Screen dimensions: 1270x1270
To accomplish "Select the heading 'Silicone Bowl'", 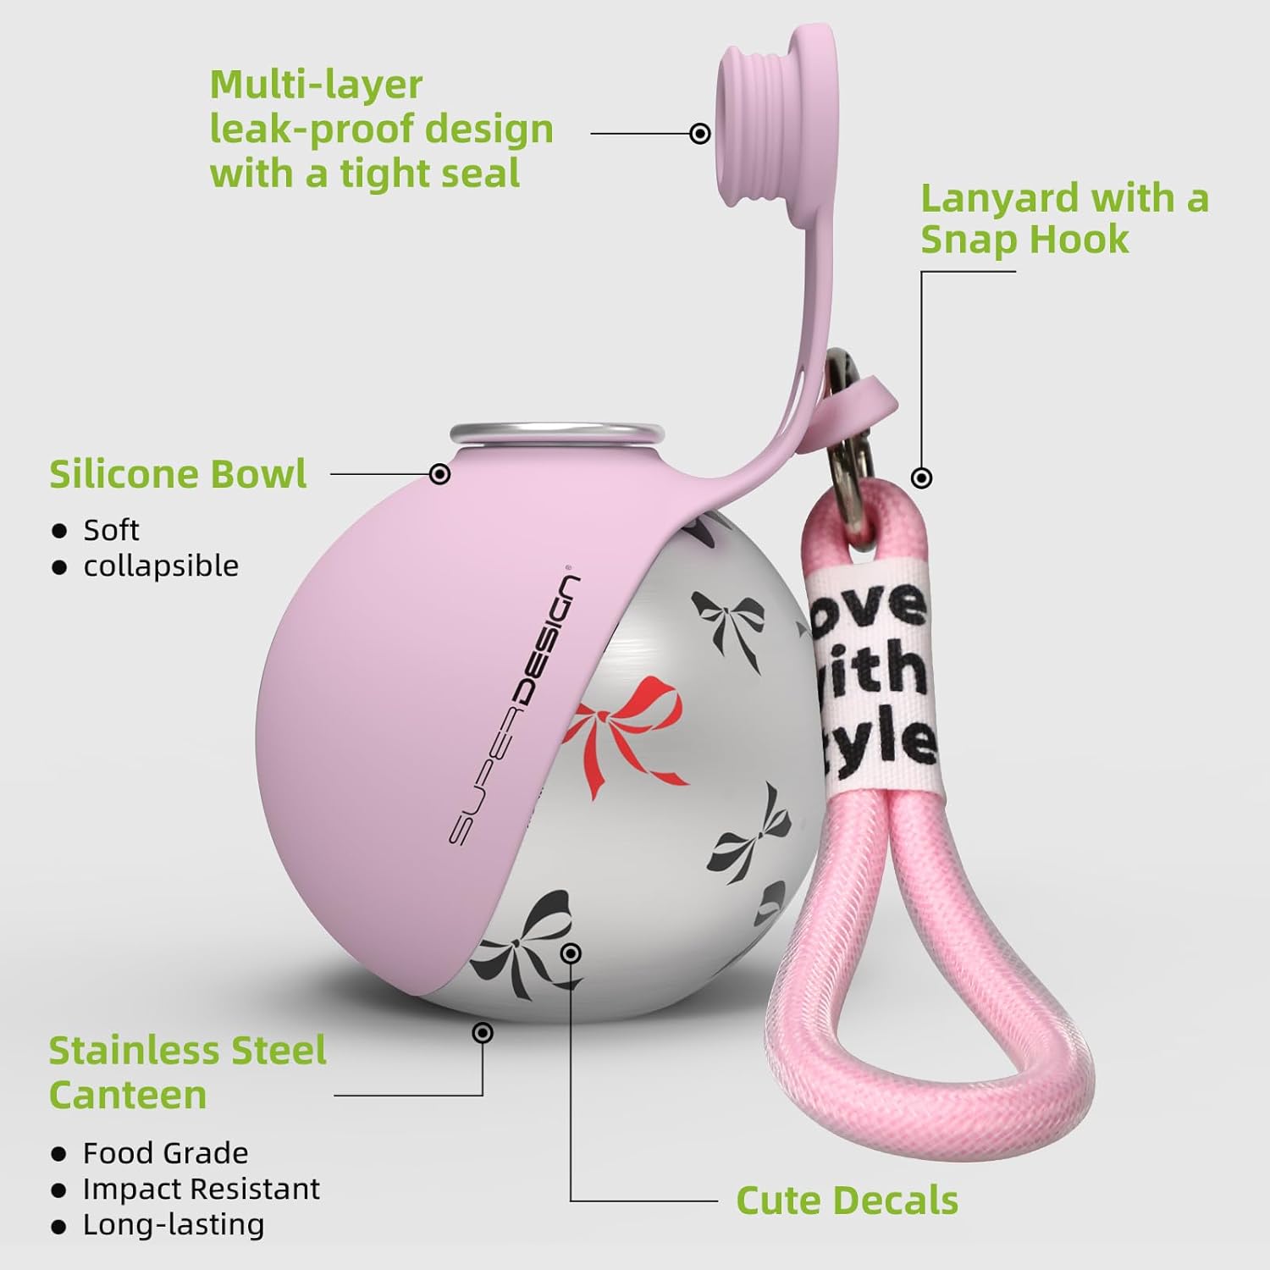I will [x=178, y=474].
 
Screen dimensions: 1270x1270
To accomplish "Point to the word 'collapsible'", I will [x=161, y=566].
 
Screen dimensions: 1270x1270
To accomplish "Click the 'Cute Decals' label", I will [x=847, y=1201].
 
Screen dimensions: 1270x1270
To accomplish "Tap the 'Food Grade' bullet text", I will [x=165, y=1153].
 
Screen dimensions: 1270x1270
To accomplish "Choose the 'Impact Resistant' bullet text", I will [x=201, y=1189].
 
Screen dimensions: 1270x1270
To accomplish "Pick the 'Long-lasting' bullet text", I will [x=173, y=1225].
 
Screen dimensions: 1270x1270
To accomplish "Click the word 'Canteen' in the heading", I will [x=128, y=1095].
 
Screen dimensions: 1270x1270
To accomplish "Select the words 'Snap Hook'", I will [x=1024, y=240].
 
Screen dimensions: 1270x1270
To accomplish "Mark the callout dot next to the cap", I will [x=700, y=134].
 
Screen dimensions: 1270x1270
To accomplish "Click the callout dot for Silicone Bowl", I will [x=439, y=474].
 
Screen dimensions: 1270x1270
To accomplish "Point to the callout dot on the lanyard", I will [x=922, y=478].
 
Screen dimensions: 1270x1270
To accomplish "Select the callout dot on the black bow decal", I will [x=571, y=954].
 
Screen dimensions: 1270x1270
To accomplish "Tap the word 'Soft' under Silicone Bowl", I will [x=111, y=530].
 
